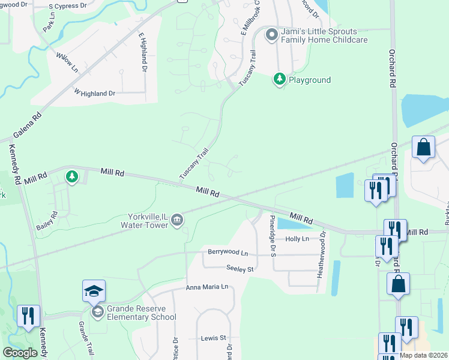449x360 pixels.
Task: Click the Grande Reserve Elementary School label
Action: (x=140, y=313)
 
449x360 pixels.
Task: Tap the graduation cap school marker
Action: (x=94, y=292)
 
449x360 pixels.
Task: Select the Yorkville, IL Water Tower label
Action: (x=146, y=221)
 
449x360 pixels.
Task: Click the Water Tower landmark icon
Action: (x=177, y=221)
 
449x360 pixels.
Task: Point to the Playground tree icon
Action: (x=279, y=79)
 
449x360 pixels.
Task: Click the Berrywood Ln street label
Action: (x=228, y=253)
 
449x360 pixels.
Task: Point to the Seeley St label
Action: (x=241, y=269)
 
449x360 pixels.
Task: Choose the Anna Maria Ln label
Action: (x=207, y=287)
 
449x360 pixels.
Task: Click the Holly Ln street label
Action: (x=297, y=239)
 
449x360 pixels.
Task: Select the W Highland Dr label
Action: (x=94, y=93)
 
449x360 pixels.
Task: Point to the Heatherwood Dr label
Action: (x=323, y=251)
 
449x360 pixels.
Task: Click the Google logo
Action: (x=20, y=353)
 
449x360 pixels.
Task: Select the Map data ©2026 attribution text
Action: (x=423, y=355)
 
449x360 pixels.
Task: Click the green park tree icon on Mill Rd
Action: (x=72, y=176)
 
